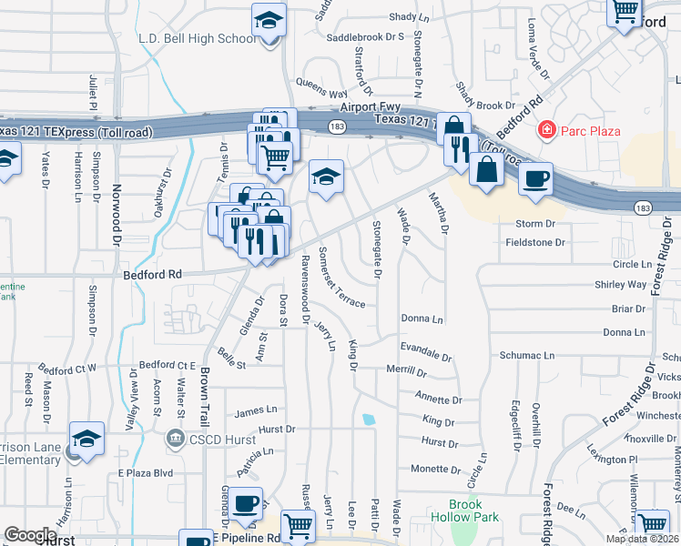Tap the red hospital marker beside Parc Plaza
[546, 130]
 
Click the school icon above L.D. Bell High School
[269, 19]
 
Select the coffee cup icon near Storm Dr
[536, 177]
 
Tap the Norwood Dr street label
[117, 219]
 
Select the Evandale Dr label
[425, 353]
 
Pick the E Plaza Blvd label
[146, 473]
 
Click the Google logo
[30, 534]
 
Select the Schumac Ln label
[526, 355]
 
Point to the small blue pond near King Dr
[368, 420]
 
